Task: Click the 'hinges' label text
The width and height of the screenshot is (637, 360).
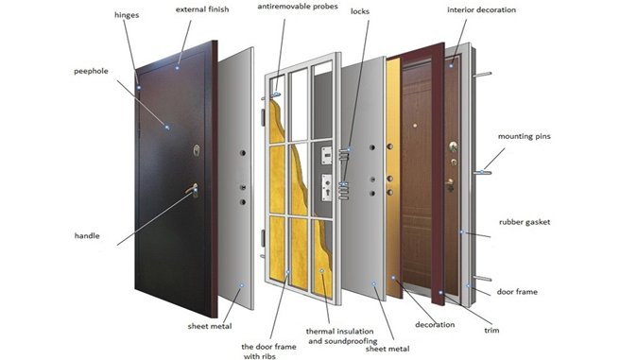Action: pos(127,15)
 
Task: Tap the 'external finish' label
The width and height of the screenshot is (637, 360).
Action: pos(202,9)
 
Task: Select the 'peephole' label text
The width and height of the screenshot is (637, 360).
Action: pos(91,71)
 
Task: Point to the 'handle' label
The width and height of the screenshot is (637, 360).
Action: pos(87,235)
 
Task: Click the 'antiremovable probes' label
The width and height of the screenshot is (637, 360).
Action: pos(298,7)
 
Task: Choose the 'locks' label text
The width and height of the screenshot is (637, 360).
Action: pos(360,11)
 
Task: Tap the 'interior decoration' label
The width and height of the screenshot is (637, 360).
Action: pos(481,9)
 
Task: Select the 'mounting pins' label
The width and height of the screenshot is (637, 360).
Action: pos(525,136)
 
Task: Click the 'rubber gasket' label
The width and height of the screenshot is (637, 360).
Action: pos(525,222)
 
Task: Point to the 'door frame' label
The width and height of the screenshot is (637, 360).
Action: pos(517,292)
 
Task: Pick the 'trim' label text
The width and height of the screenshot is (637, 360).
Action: pos(491,330)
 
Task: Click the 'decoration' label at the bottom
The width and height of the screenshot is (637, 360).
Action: pos(435,325)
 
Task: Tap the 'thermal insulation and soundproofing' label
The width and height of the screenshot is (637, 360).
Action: pos(341,336)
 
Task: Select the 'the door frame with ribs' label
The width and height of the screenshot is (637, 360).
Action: pos(268,351)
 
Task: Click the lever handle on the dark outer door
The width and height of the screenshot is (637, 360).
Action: pos(192,189)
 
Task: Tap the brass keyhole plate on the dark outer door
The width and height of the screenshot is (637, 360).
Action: pos(197,150)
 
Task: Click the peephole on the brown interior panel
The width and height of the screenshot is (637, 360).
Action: pos(415,126)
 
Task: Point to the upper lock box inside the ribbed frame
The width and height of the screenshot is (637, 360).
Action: pos(327,156)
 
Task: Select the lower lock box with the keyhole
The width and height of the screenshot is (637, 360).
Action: pos(327,187)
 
